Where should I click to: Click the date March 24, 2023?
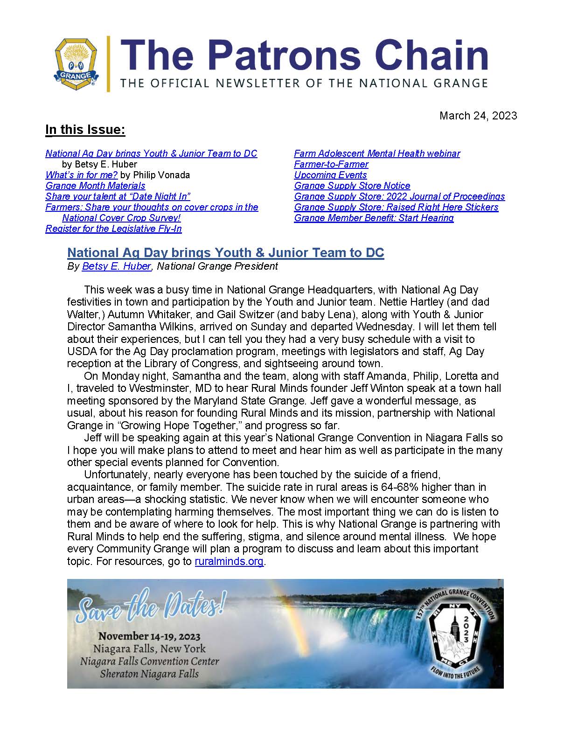[x=478, y=116]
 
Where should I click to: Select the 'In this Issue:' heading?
[x=85, y=130]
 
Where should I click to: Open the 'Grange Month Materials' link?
[x=95, y=186]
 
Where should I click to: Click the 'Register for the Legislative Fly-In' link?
[x=113, y=229]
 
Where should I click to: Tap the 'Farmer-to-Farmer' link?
[x=331, y=164]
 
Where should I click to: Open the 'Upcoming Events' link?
[x=330, y=175]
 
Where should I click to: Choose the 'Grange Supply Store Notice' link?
[x=352, y=186]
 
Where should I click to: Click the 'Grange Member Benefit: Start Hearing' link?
[x=374, y=218]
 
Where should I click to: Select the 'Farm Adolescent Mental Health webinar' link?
[x=377, y=153]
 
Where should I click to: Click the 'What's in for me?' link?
[x=81, y=175]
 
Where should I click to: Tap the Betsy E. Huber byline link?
[x=117, y=266]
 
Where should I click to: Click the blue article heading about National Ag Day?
[x=225, y=253]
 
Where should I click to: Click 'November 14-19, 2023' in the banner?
[x=149, y=636]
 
